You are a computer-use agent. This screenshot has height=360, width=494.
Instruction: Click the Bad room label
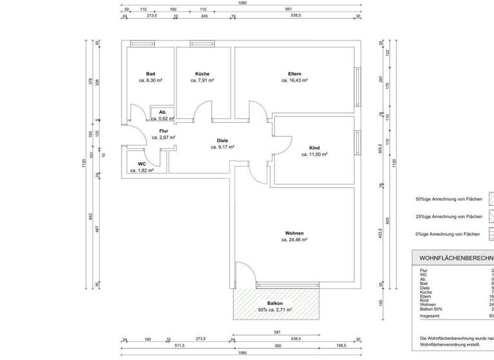(151, 74)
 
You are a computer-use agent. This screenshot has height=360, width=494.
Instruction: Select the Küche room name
(202, 74)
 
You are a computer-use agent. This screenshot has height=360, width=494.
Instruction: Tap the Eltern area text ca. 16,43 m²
(295, 81)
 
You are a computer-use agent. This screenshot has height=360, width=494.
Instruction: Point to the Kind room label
(315, 148)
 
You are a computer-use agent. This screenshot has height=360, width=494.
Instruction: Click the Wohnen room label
(294, 233)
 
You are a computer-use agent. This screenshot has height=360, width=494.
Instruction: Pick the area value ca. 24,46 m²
(294, 240)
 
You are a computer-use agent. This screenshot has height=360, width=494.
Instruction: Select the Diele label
(223, 140)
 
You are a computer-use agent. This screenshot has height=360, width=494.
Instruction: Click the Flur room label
(163, 130)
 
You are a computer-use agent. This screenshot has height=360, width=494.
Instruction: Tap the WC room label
(142, 164)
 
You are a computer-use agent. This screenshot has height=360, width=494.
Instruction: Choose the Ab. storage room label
(163, 113)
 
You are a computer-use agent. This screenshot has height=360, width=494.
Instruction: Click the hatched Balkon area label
(275, 303)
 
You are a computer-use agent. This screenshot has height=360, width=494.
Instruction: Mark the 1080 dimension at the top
(242, 3)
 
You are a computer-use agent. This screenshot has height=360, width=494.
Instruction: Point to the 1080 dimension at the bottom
(242, 353)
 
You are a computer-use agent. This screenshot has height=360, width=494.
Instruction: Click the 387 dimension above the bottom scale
(277, 332)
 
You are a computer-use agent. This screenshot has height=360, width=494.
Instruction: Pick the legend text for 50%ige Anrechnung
(448, 199)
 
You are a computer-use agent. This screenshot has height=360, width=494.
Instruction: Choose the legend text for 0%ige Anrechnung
(448, 235)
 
